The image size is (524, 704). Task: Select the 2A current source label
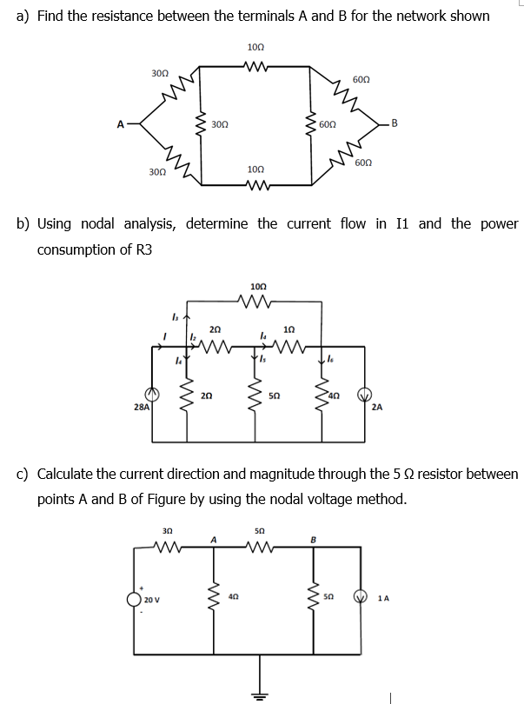(376, 406)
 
